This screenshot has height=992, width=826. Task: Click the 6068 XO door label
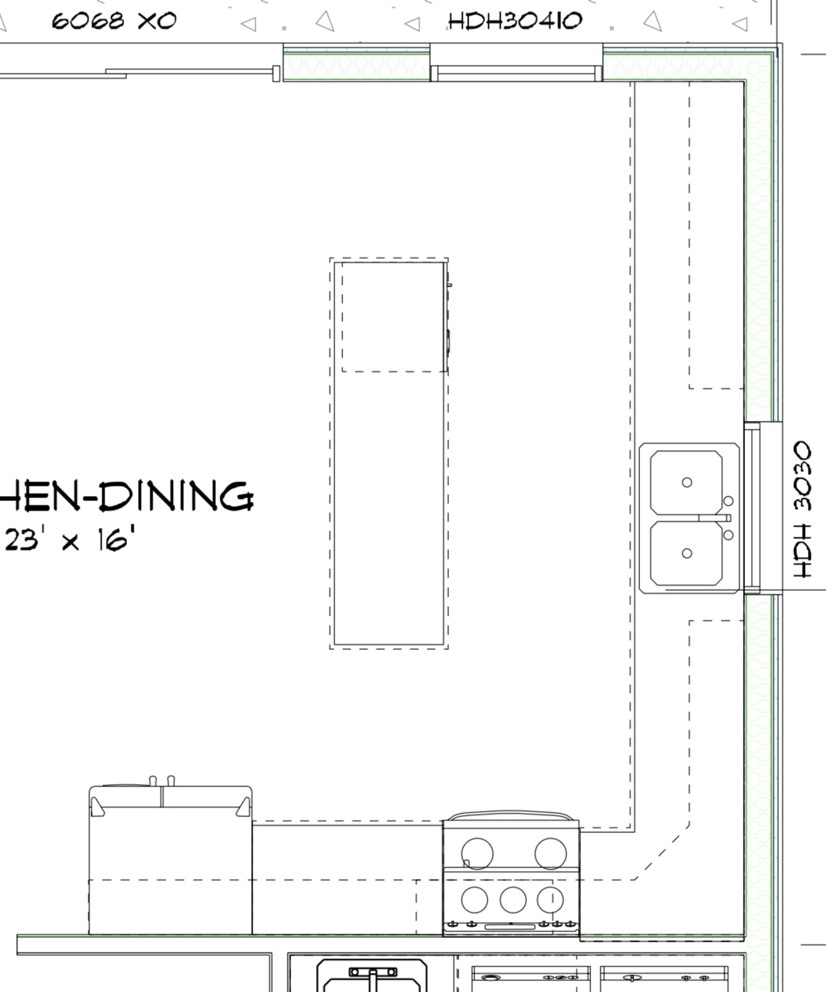[x=114, y=21]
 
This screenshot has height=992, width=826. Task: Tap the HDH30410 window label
[x=515, y=21]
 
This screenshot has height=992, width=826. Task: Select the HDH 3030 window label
[x=802, y=509]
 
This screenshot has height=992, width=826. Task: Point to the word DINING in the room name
[x=177, y=497]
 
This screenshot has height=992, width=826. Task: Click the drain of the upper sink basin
[x=687, y=482]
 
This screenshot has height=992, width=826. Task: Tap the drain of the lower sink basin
[x=687, y=553]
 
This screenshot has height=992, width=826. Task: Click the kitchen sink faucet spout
[x=714, y=518]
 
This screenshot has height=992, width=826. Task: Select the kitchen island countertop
[x=389, y=454]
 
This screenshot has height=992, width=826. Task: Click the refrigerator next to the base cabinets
[x=170, y=859]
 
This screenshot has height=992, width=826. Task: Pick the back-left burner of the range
[x=477, y=853]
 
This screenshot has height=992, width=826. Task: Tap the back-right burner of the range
[x=550, y=853]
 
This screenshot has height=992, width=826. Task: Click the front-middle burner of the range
[x=513, y=899]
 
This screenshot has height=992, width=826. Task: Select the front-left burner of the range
[x=474, y=899]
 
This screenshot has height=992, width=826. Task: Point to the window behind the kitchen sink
[x=752, y=508]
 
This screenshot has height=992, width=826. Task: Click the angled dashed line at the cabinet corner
[x=662, y=852]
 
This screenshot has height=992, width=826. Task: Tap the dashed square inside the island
[x=394, y=317]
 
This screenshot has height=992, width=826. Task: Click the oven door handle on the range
[x=510, y=927]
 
